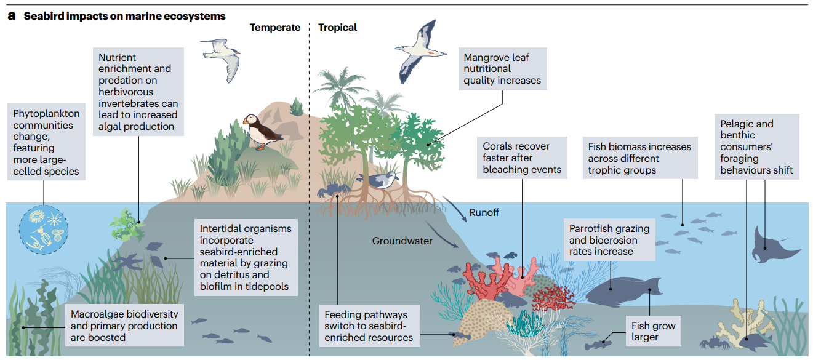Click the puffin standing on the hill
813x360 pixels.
257,130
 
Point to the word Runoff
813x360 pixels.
484,212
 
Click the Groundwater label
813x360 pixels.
402,241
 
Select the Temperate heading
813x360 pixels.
274,27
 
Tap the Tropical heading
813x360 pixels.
337,27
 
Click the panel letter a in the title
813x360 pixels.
11,16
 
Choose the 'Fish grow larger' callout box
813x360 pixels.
653,331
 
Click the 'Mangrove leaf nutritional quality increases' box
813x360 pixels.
502,69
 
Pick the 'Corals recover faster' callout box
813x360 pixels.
522,158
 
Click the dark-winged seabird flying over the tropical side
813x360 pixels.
420,51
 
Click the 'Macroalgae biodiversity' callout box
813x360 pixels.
124,325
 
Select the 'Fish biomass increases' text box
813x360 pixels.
639,158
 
